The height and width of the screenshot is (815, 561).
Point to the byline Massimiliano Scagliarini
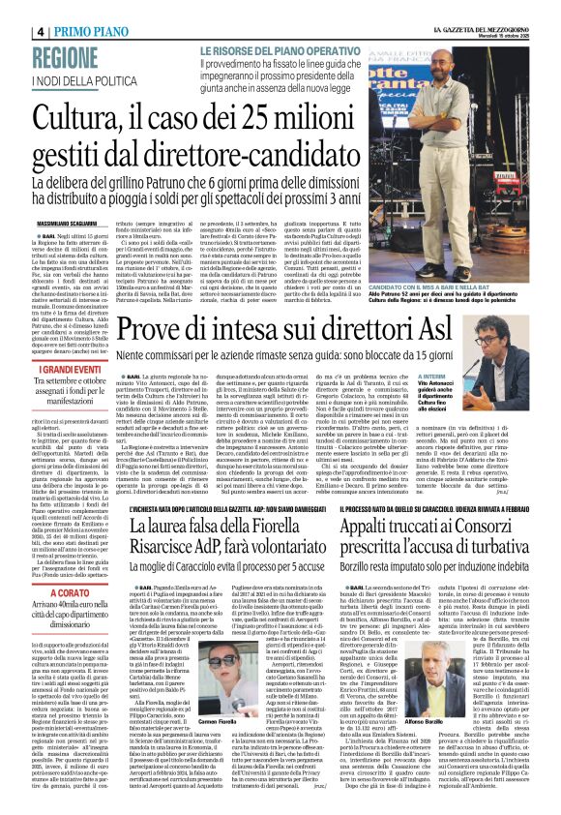tap(42, 198)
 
